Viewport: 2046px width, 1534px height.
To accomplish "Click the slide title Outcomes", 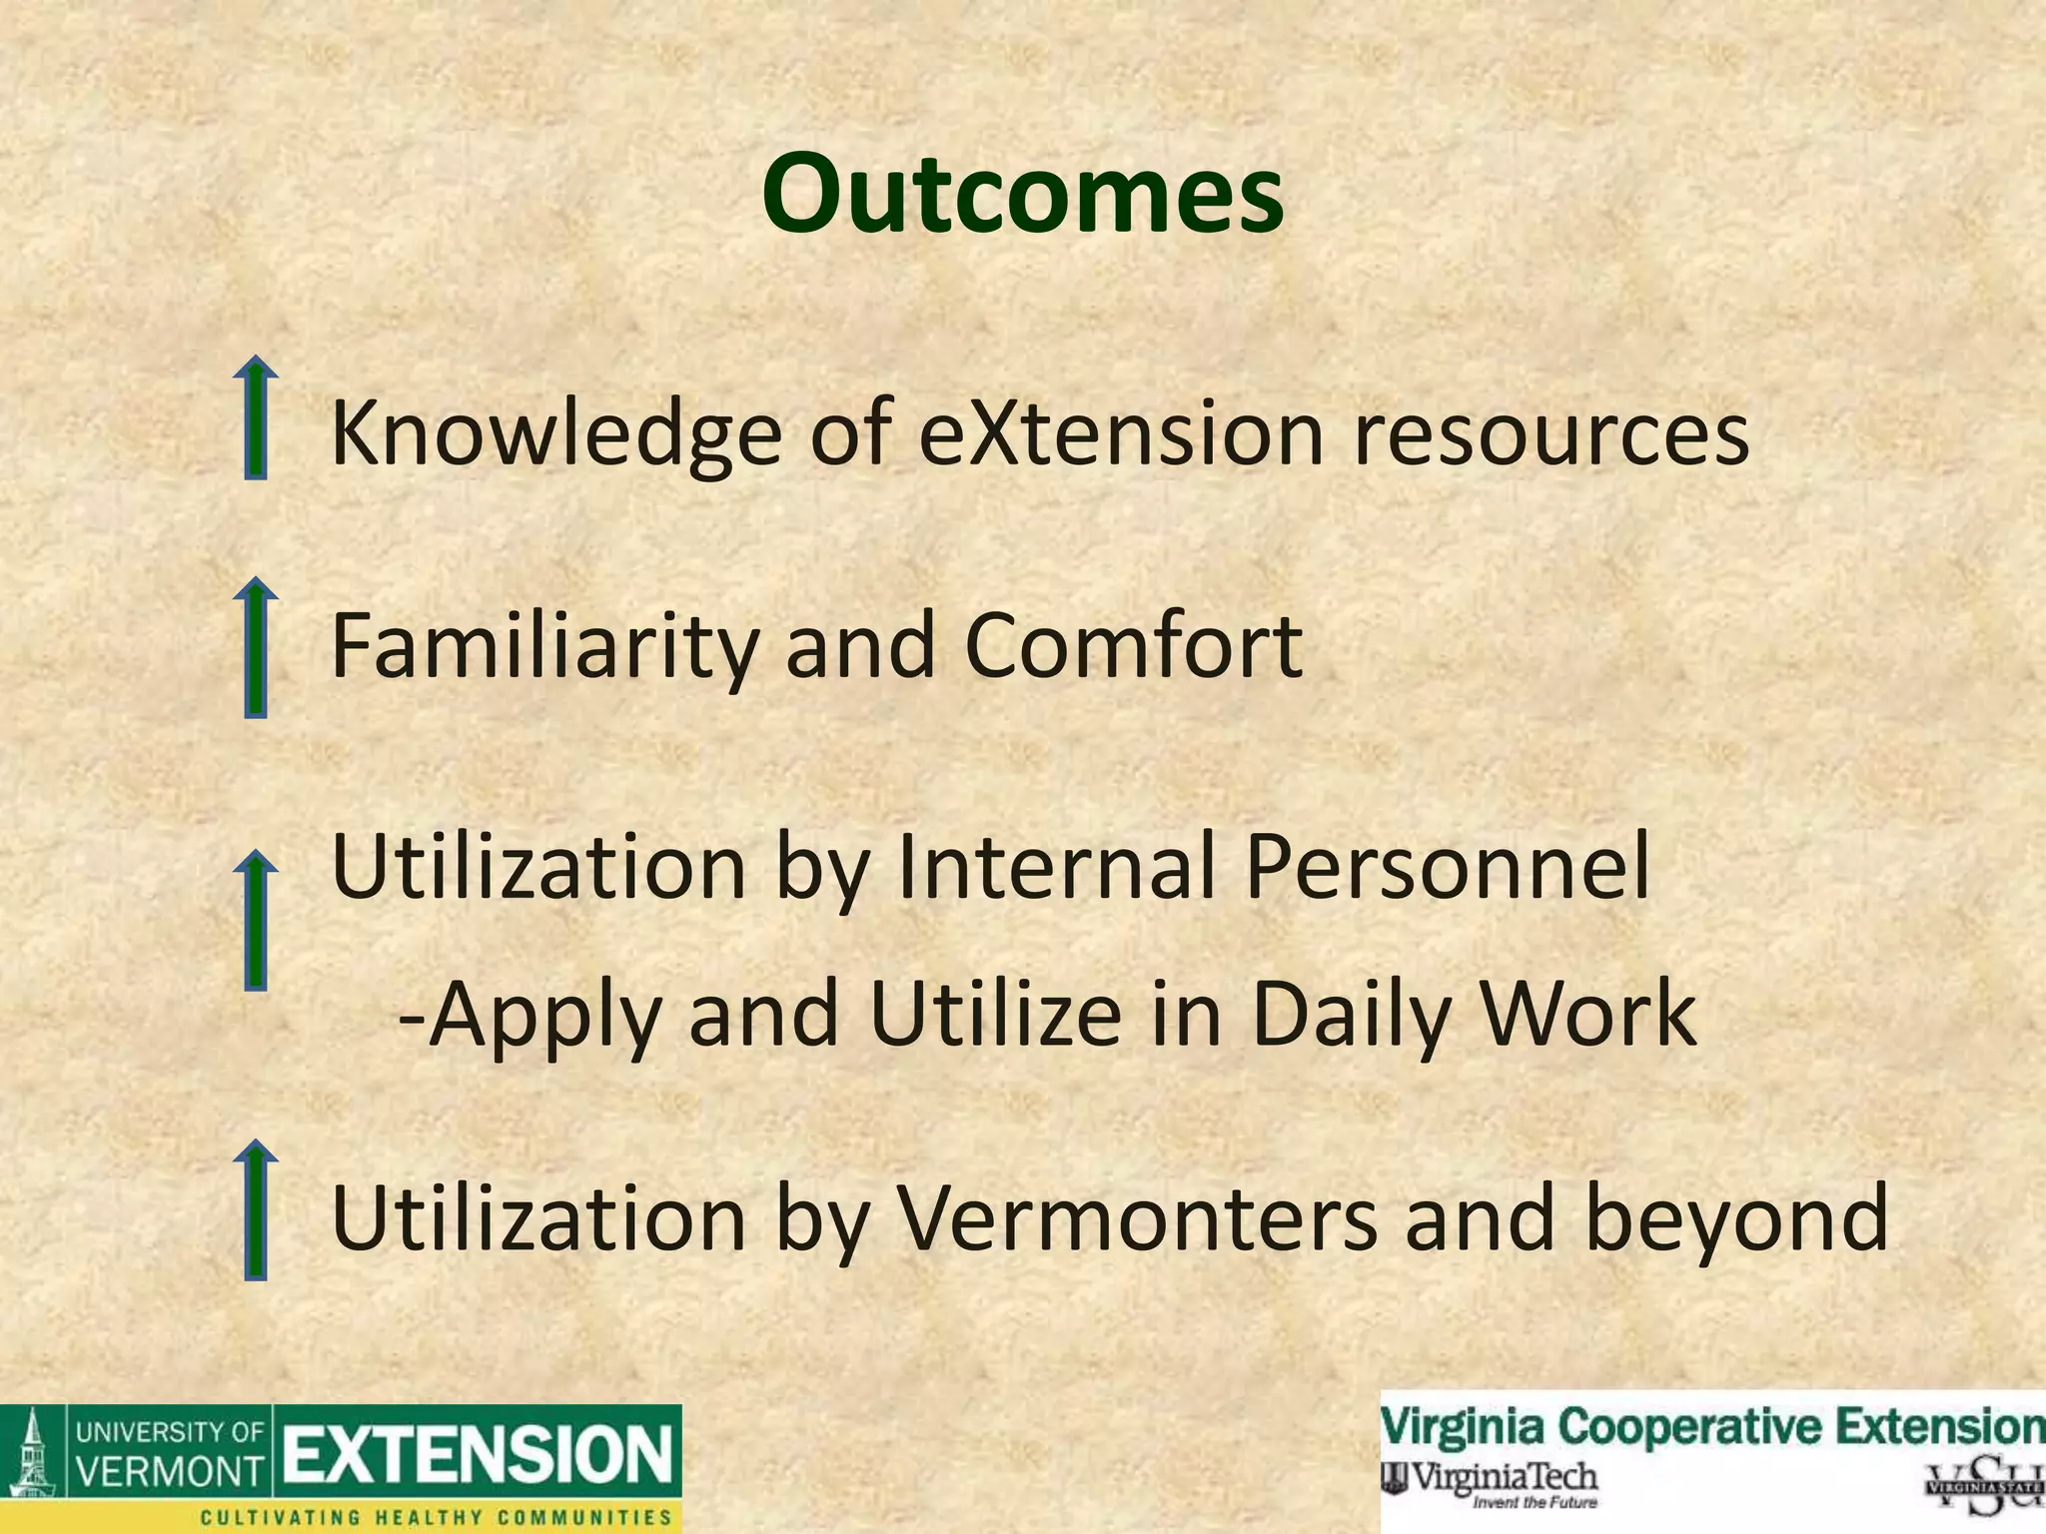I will tap(1022, 195).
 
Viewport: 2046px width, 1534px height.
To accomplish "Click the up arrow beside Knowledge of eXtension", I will tap(256, 419).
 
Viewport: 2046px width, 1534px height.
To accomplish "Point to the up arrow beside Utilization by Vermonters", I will tap(256, 1210).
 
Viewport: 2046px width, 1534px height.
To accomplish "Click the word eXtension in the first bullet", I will tap(1120, 433).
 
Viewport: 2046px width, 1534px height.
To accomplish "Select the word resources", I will tap(1550, 435).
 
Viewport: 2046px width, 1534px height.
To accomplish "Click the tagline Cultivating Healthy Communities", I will tap(437, 1517).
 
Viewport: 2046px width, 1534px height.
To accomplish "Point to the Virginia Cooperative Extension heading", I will tap(1712, 1425).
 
